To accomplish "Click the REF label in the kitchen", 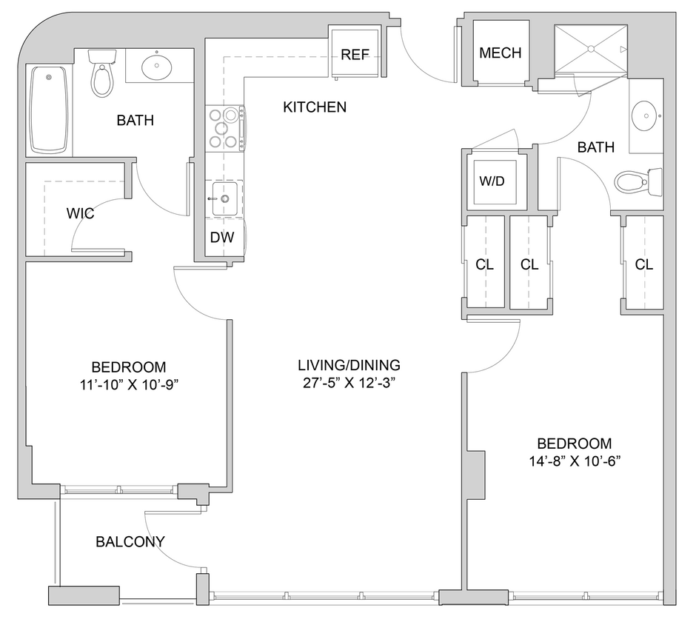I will [355, 54].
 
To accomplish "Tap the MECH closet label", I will [500, 53].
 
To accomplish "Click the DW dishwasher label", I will [223, 238].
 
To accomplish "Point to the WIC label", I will [79, 213].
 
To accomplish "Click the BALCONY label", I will [130, 541].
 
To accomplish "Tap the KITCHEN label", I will [315, 107].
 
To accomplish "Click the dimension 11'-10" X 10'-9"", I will [128, 386].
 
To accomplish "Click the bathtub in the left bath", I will [48, 110].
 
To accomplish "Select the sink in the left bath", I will [158, 66].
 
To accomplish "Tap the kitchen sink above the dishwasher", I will [224, 198].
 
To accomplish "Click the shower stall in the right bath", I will [590, 49].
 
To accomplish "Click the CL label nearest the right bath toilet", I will [643, 265].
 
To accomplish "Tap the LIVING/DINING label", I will [349, 365].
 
